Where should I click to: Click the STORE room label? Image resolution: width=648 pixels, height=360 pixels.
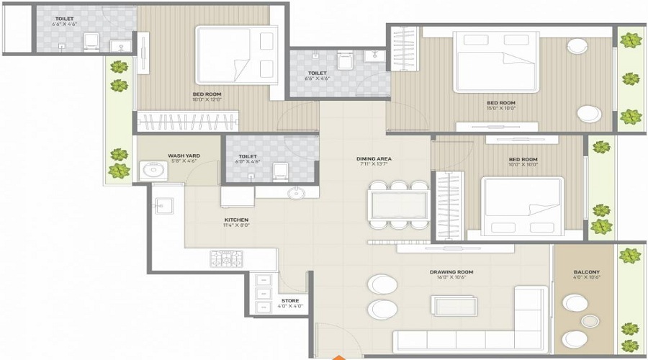[x=290, y=300]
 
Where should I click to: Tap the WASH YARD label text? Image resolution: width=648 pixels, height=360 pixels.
[x=184, y=155]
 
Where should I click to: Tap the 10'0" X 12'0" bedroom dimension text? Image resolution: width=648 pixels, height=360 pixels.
[x=207, y=100]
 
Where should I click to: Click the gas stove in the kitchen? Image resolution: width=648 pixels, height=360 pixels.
[x=224, y=257]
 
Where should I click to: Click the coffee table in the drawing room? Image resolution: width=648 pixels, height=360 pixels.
[x=454, y=305]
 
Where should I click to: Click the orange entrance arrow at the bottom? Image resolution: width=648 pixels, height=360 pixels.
[x=336, y=356]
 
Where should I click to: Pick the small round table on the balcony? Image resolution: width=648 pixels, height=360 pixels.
[x=590, y=320]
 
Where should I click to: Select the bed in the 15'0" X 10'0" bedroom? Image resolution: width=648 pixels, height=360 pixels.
[x=495, y=63]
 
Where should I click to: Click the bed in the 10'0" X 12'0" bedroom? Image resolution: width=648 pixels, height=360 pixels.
[x=234, y=55]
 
